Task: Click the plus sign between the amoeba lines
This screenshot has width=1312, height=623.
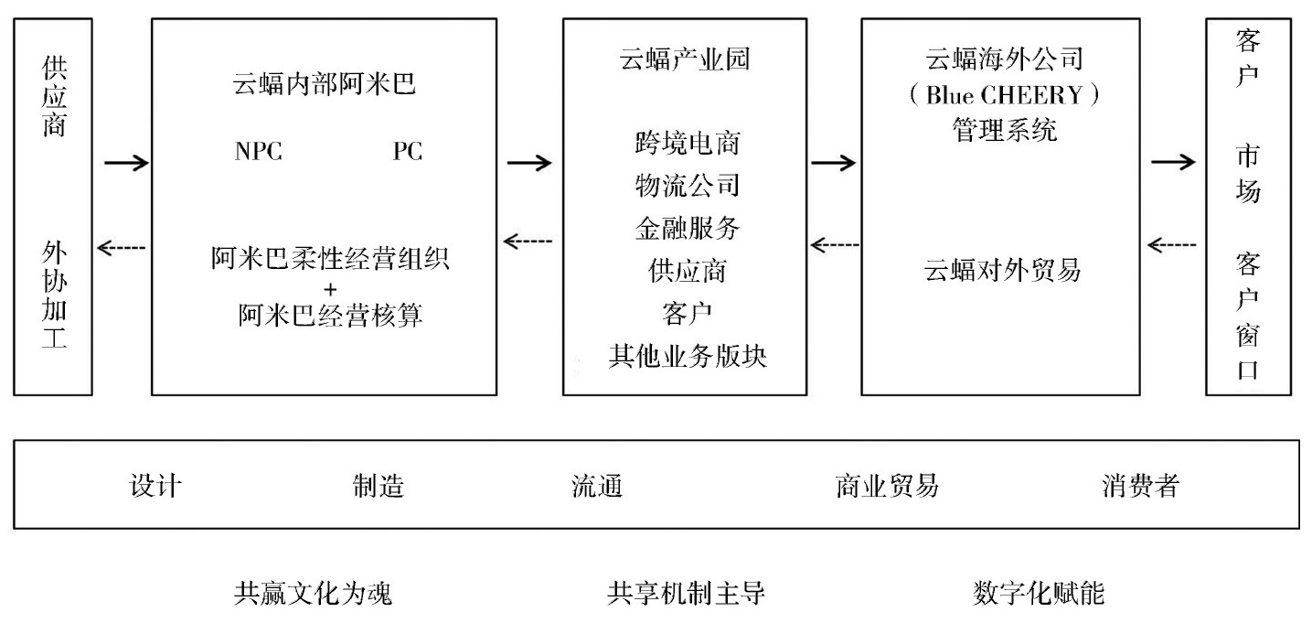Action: [x=330, y=289]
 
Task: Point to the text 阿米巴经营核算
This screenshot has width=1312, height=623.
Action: [x=330, y=316]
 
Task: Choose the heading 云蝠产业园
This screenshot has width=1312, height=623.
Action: [x=685, y=61]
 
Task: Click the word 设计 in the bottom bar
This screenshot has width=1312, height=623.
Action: [x=156, y=486]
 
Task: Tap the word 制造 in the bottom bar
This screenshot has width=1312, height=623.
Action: [x=379, y=486]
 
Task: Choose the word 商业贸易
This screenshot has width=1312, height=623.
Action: [x=887, y=486]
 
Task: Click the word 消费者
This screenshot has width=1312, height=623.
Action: [x=1140, y=486]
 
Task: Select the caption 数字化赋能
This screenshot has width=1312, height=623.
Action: [x=1039, y=595]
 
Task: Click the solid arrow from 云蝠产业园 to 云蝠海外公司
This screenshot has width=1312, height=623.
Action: [x=833, y=163]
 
